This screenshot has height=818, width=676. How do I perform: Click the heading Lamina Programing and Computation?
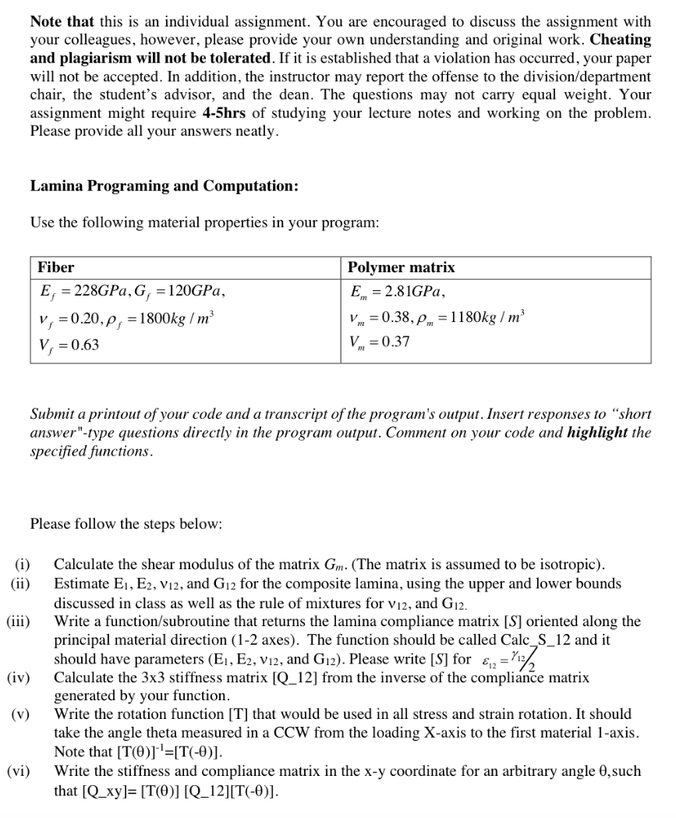164,187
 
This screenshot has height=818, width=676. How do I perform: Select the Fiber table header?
56,267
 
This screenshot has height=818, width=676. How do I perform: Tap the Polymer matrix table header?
402,267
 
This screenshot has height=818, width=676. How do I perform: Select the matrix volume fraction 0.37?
395,342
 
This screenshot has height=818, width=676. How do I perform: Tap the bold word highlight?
598,433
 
